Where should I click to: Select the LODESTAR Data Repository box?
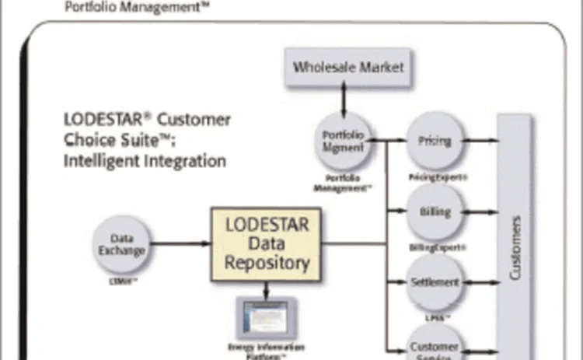point(266,243)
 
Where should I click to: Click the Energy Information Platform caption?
point(266,349)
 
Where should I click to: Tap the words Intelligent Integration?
point(145,161)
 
